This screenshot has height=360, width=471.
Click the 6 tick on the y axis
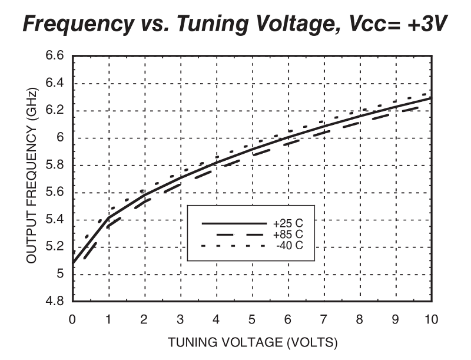pos(59,138)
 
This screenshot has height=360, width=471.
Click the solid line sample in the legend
pos(234,224)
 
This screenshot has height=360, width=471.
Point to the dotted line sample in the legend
pos(234,245)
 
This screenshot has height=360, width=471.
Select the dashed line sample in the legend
pos(234,235)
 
